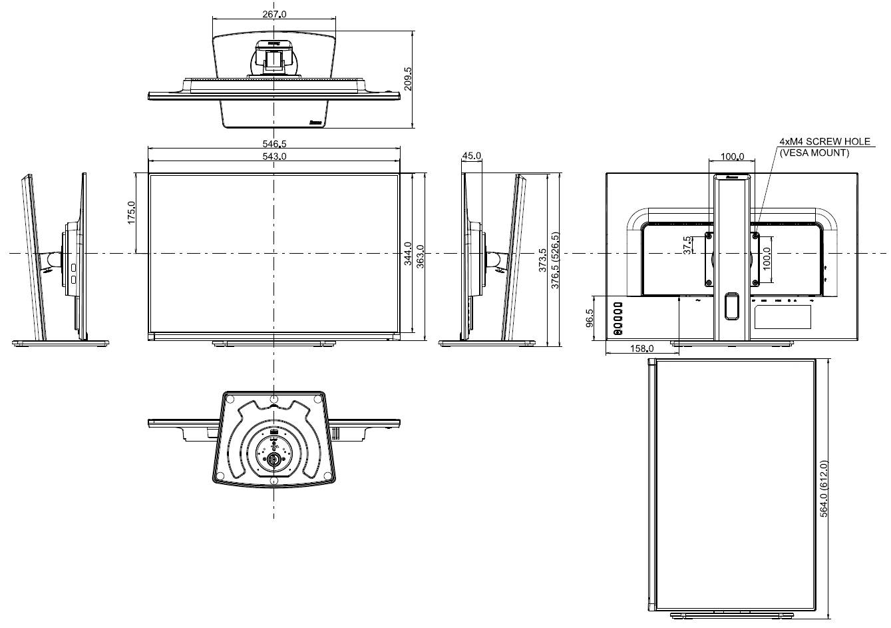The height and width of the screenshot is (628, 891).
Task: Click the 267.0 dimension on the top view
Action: coord(273,13)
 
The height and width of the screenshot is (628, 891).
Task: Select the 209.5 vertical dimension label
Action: coord(407,78)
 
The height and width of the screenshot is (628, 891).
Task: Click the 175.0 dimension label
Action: coord(131,213)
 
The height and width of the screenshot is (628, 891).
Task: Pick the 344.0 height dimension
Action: coord(408,254)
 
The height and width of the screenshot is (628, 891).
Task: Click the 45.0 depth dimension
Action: coord(471,156)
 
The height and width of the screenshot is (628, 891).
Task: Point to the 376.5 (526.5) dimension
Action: coord(555,260)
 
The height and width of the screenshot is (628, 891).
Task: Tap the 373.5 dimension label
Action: coord(542,260)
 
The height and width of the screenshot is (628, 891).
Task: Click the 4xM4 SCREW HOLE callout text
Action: coord(824,142)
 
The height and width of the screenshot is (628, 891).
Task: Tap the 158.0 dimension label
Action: coord(641,348)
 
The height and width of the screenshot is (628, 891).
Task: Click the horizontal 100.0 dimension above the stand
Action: coord(732,157)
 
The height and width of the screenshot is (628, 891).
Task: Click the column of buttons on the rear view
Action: coord(618,318)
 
